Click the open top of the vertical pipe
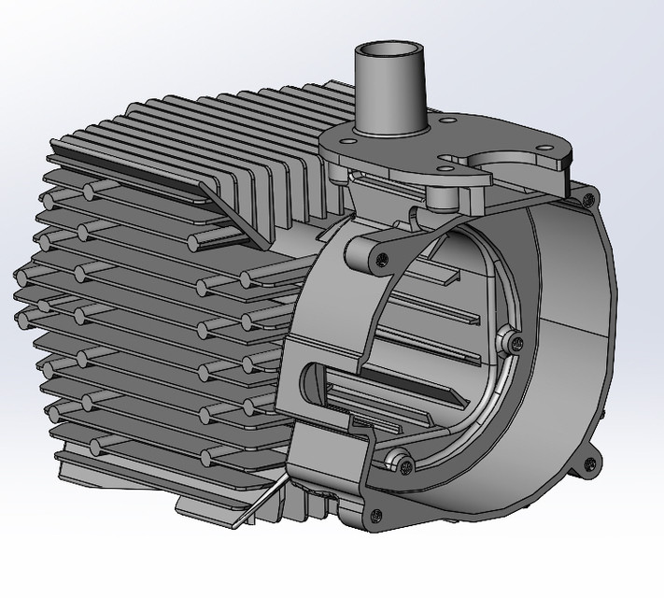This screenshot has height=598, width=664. [388, 50]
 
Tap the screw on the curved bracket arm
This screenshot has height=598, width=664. [378, 261]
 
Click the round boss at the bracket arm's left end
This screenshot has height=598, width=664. [358, 249]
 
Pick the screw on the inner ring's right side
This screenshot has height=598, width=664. [509, 343]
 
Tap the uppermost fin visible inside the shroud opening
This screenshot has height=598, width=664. [439, 273]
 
